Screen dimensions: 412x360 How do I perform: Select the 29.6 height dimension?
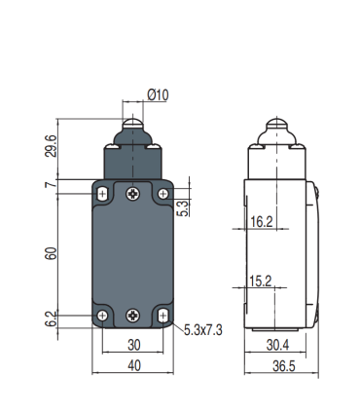click(50, 146)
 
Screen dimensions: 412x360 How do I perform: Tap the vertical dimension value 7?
click(50, 184)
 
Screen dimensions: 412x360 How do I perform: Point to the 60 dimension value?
click(50, 254)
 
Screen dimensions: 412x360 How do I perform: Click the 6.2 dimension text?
click(50, 318)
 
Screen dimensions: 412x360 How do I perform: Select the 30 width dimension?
click(132, 344)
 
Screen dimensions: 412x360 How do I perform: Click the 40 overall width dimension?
click(132, 366)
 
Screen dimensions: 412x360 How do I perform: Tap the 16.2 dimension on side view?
click(261, 222)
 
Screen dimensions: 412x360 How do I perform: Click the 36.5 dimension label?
click(280, 366)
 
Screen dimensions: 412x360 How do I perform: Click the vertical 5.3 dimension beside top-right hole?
click(181, 206)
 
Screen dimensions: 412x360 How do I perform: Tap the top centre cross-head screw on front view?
click(132, 195)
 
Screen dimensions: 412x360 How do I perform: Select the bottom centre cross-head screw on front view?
click(132, 315)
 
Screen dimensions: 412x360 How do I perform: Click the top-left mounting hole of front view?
click(102, 195)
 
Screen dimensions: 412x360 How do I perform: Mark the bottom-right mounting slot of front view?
click(162, 315)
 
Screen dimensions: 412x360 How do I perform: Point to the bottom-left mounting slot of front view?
click(102, 315)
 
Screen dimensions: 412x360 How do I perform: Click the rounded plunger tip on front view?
click(132, 125)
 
